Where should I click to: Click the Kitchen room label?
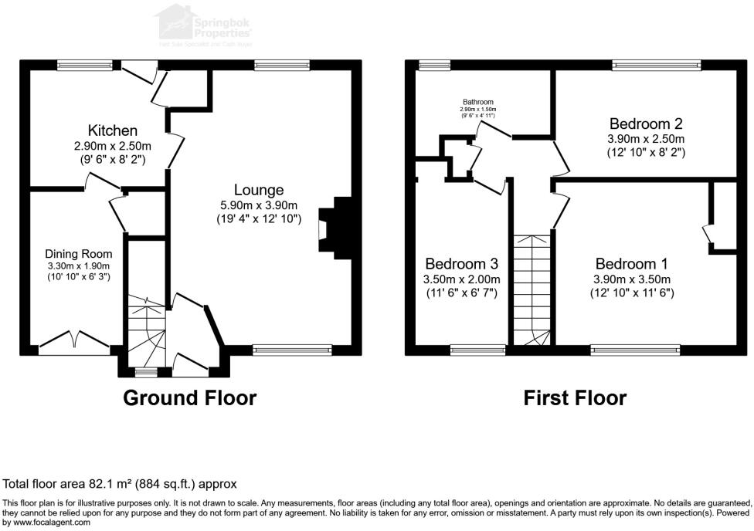(x=113, y=130)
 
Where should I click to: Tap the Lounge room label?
(x=259, y=190)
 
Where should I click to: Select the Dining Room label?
(x=78, y=254)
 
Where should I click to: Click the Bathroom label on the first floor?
(x=478, y=102)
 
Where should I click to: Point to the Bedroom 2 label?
(x=646, y=123)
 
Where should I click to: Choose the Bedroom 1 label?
(x=631, y=264)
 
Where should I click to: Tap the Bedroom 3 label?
(x=462, y=264)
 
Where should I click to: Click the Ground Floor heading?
(x=190, y=398)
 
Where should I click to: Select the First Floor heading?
(x=575, y=398)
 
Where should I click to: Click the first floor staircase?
(x=532, y=289)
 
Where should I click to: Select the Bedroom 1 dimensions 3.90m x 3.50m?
(x=631, y=279)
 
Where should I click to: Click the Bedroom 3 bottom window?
(x=477, y=350)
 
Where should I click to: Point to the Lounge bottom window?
(x=292, y=350)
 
